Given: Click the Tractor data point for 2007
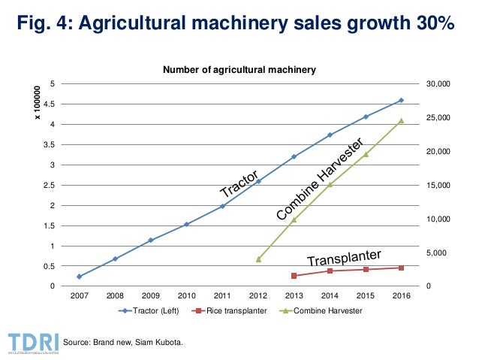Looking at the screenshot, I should point(80,277).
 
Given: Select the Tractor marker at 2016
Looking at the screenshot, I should point(401,100).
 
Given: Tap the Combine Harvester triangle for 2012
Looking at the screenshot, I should point(258,259).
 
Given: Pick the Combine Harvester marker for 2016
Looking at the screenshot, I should point(401,120).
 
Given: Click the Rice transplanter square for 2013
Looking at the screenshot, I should point(294,276).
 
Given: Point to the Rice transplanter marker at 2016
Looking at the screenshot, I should point(401,268).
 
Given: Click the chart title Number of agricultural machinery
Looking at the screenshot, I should point(240,69).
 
